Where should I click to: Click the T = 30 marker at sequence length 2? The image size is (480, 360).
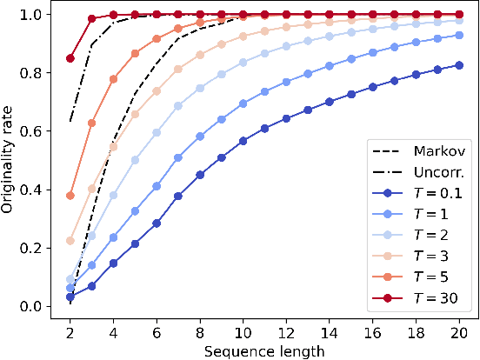(x=70, y=58)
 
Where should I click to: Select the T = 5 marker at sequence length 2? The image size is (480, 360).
(x=70, y=196)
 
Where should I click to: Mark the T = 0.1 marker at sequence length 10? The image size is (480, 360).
(x=243, y=141)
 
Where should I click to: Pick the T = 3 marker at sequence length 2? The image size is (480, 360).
(x=70, y=241)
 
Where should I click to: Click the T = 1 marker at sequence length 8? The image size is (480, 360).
(x=200, y=137)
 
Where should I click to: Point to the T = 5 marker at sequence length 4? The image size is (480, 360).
(x=114, y=79)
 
